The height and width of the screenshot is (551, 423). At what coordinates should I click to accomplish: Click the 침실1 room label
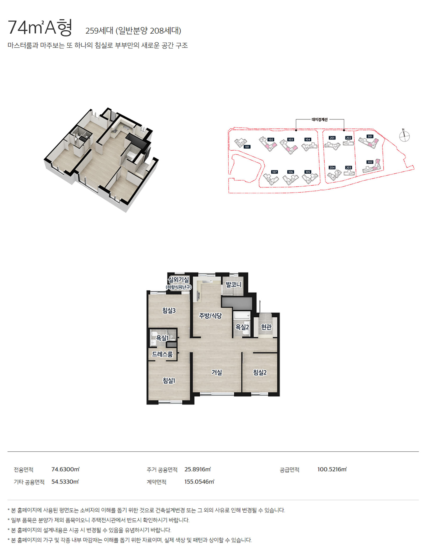coord(169,380)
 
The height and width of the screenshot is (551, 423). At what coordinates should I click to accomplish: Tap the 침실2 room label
coord(260,372)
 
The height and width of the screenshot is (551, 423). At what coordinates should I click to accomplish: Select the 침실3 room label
coord(169,310)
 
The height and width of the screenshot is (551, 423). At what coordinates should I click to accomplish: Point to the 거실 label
coord(217,372)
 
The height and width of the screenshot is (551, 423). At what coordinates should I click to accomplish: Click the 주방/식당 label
coord(210,316)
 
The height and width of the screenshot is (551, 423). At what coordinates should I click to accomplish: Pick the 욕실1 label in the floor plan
coord(162,338)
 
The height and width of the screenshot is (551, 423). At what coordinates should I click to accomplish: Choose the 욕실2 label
coord(242,327)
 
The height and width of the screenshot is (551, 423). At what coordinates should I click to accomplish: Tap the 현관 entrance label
coord(266,327)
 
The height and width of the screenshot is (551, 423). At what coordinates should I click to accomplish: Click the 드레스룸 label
coord(162,354)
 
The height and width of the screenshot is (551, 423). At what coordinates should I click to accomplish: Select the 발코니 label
coord(233,285)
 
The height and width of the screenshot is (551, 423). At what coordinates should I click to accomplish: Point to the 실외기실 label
coord(178,280)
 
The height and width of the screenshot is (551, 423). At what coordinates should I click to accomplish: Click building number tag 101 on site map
coord(247,147)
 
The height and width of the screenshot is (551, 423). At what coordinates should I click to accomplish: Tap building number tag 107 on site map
coord(274,172)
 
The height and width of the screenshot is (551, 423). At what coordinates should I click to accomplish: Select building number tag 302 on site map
coord(370,162)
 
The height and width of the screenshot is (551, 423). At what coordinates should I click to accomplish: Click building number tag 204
coord(332,168)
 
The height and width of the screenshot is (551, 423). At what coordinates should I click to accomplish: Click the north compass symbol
coord(404,136)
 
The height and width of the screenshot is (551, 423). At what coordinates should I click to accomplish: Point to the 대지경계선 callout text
coord(320,120)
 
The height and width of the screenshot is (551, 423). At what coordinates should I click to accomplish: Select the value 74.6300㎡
coord(65,469)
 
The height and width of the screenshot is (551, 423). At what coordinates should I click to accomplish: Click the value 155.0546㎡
coord(199,482)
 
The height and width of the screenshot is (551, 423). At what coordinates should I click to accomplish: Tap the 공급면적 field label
coord(289,470)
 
